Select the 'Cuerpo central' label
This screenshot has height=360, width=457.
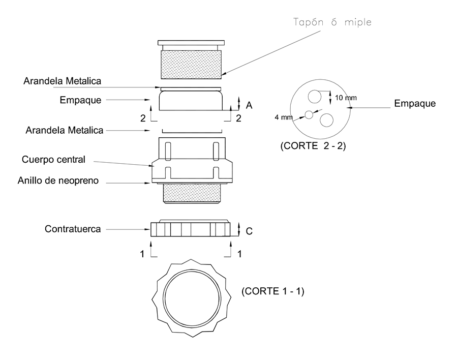pyautogui.click(x=53, y=159)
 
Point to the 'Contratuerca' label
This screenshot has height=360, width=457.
pyautogui.click(x=73, y=229)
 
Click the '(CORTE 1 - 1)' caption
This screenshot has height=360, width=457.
pyautogui.click(x=272, y=291)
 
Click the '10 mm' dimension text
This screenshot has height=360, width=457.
pyautogui.click(x=346, y=97)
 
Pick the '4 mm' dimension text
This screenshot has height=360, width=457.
pyautogui.click(x=284, y=117)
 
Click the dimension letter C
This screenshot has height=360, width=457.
pyautogui.click(x=249, y=231)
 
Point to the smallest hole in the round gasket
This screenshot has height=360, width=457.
pyautogui.click(x=309, y=114)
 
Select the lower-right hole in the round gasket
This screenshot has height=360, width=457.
pyautogui.click(x=325, y=120)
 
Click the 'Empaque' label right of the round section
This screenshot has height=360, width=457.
pyautogui.click(x=415, y=104)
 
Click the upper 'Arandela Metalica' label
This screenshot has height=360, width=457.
pyautogui.click(x=63, y=81)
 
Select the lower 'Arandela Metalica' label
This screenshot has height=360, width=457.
pyautogui.click(x=65, y=130)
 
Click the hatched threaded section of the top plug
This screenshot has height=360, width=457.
pyautogui.click(x=192, y=65)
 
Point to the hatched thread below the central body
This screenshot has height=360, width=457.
pyautogui.click(x=192, y=194)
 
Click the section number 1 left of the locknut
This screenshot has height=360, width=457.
pyautogui.click(x=143, y=253)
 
